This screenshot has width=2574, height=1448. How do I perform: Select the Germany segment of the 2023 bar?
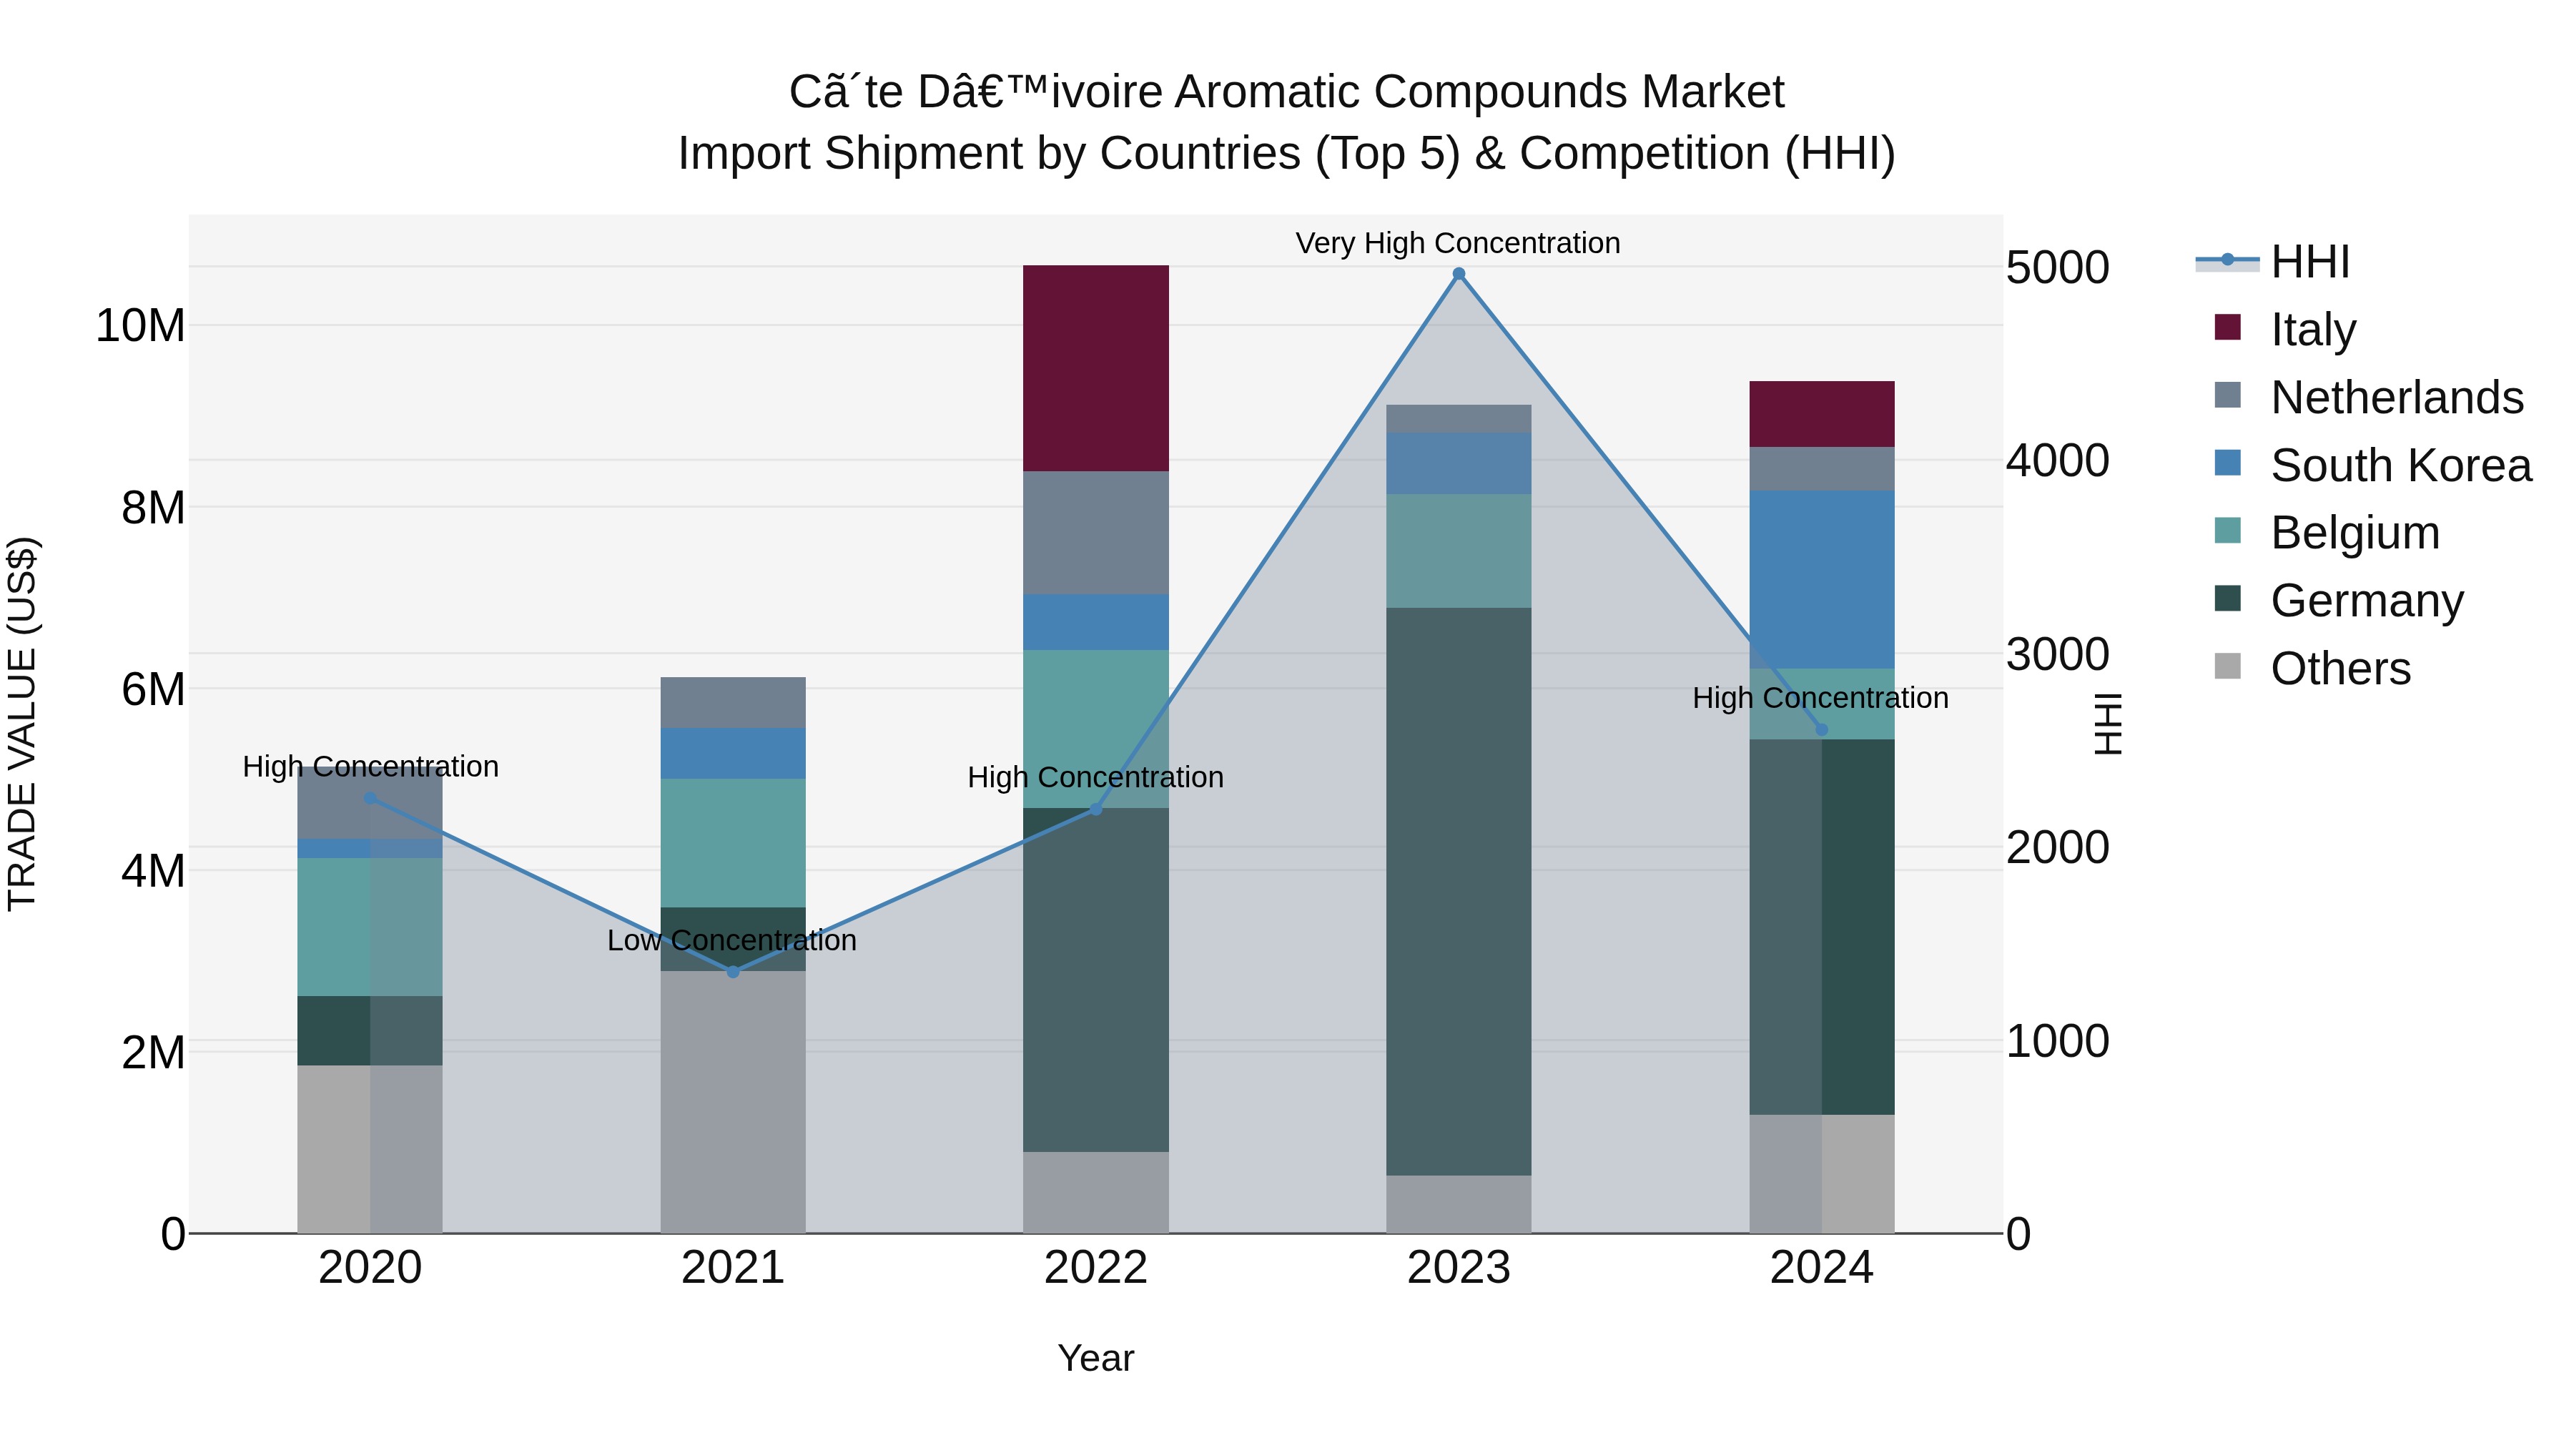(x=1458, y=890)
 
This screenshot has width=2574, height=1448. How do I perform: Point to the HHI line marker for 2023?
(x=1458, y=274)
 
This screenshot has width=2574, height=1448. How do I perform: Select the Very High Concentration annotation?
(x=1457, y=243)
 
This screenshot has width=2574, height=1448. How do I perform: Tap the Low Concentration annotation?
(x=731, y=940)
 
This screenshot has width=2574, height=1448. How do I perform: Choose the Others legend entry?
(x=2339, y=668)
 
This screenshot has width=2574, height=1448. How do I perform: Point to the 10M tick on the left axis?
(x=140, y=326)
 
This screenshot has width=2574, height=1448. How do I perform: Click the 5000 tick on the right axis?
(x=2056, y=268)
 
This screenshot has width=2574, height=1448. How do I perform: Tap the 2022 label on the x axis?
(x=1095, y=1268)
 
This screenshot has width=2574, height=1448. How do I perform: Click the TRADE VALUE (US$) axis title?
(x=22, y=724)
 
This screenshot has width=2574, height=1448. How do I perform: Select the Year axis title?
(x=1095, y=1358)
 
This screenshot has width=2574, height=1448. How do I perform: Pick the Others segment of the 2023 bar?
(x=1458, y=1203)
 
